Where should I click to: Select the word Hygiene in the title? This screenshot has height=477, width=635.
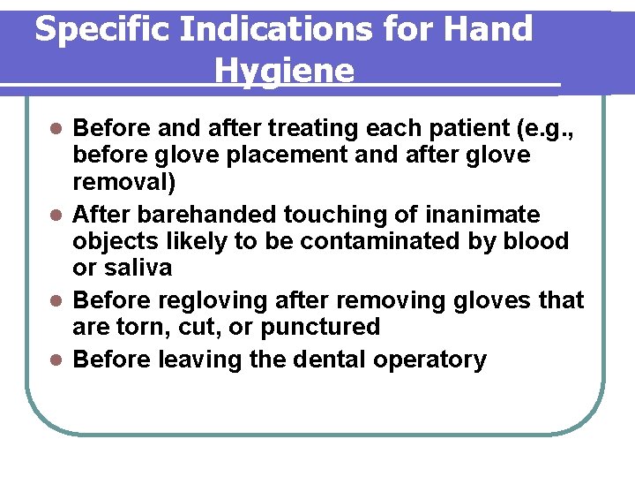pos(284,71)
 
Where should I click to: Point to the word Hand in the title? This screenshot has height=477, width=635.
pos(488,29)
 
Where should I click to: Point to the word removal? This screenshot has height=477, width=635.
pos(121,183)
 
